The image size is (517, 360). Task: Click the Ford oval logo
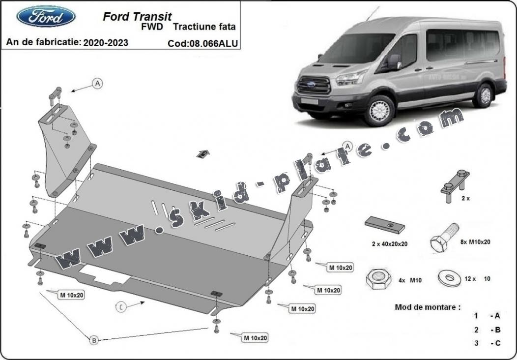(x=46, y=16)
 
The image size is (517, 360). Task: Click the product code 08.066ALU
(x=213, y=44)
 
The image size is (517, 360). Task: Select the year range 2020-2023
(x=106, y=43)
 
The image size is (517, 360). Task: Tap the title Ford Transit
(x=137, y=17)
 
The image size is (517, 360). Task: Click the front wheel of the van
(x=380, y=111)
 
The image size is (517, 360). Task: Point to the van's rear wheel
(x=484, y=95)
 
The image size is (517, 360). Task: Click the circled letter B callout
(x=94, y=340)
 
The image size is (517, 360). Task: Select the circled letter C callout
(x=121, y=307)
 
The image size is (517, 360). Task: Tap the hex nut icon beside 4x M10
(x=378, y=279)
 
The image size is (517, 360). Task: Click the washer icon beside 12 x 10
(x=449, y=278)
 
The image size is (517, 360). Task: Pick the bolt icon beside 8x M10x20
(x=444, y=238)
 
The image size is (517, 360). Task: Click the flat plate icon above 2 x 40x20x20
(x=385, y=225)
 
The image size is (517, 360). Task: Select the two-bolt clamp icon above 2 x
(x=455, y=186)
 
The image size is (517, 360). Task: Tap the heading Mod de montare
(x=428, y=307)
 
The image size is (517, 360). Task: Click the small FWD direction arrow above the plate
(x=203, y=154)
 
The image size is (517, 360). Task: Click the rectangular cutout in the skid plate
(x=105, y=274)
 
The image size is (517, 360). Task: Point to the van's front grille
(x=314, y=85)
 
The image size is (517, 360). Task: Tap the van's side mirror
(x=394, y=61)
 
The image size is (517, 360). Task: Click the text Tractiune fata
(x=204, y=27)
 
